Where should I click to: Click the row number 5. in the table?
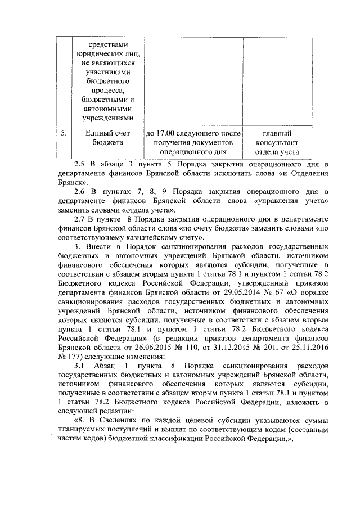(64, 133)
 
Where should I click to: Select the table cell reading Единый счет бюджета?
(107, 138)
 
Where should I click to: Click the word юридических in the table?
(107, 55)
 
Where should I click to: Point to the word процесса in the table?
(107, 91)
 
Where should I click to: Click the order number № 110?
(159, 348)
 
